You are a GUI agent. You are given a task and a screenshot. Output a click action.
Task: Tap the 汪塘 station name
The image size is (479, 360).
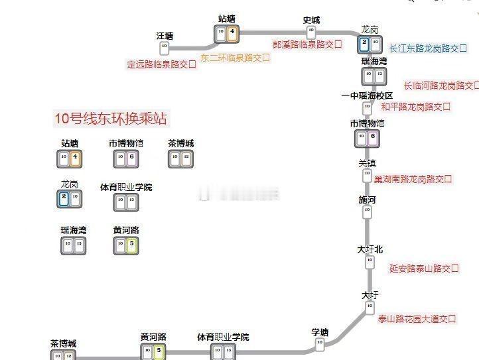[x=165, y=36]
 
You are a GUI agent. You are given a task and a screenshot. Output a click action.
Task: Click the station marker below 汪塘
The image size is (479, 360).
[x=165, y=48]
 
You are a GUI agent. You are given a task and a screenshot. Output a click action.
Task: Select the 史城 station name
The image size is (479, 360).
[x=311, y=20]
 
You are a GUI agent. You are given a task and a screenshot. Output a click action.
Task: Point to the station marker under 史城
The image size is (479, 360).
[x=310, y=32]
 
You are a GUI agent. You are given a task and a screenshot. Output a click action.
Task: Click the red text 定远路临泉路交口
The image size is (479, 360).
[x=162, y=64]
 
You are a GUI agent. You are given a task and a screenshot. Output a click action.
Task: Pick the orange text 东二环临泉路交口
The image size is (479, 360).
[x=236, y=58]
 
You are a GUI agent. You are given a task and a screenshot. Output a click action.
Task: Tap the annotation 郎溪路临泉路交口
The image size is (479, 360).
[x=307, y=44]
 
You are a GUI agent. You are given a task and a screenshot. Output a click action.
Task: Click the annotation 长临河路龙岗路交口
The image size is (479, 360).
[x=441, y=86]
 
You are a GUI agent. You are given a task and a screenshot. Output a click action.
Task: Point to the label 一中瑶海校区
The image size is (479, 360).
[x=367, y=95]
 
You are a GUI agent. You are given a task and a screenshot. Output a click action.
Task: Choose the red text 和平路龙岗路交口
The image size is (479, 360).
[x=415, y=106]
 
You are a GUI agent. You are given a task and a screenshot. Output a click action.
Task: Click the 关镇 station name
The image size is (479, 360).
[x=367, y=163]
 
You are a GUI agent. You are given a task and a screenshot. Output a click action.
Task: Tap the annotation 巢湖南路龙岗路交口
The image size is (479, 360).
[x=413, y=179]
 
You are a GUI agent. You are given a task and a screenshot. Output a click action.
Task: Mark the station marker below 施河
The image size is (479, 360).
[x=367, y=212]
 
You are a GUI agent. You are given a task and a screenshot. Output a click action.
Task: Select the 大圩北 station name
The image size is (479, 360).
[x=370, y=249]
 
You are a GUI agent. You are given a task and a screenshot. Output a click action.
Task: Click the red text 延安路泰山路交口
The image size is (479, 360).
[x=424, y=269]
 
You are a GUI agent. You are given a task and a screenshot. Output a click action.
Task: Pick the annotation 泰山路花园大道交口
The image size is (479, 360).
[x=417, y=319]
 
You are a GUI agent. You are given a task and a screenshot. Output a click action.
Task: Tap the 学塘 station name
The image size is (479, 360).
[x=320, y=332]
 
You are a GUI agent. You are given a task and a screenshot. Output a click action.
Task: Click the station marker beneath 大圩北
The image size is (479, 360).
[x=370, y=263]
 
